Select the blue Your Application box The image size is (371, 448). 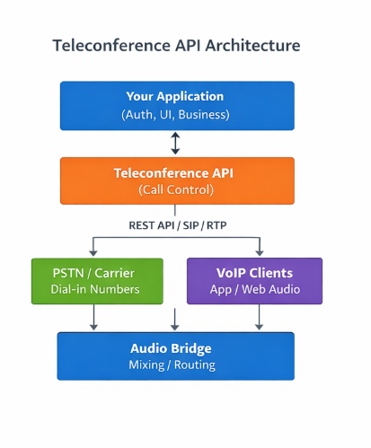[x=176, y=105]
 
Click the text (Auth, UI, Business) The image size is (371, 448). [x=176, y=115]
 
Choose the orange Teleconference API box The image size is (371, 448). [x=176, y=180]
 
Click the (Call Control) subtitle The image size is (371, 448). [x=176, y=190]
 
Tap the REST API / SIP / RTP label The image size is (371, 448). [x=176, y=224]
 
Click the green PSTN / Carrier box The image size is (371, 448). [x=97, y=280]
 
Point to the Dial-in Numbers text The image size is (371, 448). [x=97, y=289]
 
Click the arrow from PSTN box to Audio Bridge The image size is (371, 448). [x=93, y=318]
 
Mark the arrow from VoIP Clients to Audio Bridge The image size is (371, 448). [x=260, y=318]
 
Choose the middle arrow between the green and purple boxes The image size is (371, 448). [x=176, y=318]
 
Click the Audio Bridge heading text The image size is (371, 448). [x=176, y=348]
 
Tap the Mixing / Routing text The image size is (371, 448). [x=176, y=365]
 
